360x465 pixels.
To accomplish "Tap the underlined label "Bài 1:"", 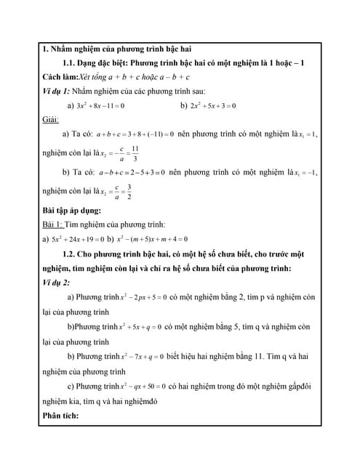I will click(x=52, y=225).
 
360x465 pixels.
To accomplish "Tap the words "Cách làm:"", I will click(x=61, y=77).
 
